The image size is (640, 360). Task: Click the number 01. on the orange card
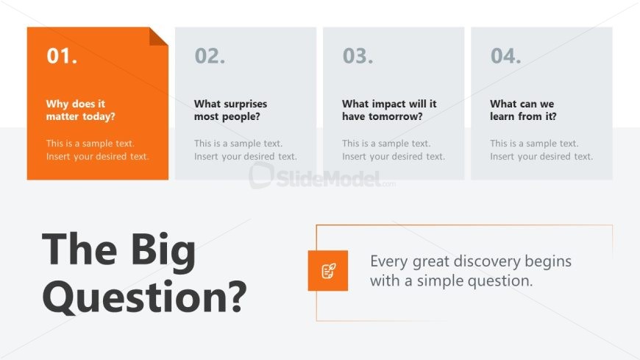click(62, 56)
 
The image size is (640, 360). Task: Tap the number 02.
click(210, 56)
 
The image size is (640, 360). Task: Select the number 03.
click(358, 56)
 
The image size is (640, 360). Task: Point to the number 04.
click(505, 56)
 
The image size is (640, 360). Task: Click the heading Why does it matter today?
click(80, 110)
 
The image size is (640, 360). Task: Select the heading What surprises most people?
click(230, 110)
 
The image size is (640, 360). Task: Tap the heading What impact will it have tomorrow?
click(389, 110)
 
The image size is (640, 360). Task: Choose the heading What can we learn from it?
click(523, 110)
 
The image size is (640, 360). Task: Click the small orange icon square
click(328, 270)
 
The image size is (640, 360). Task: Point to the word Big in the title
click(163, 250)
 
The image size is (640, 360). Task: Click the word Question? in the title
click(144, 297)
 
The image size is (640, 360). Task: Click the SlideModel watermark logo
click(322, 176)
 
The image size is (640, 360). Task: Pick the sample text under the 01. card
click(98, 150)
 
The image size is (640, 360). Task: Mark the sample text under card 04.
click(541, 150)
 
